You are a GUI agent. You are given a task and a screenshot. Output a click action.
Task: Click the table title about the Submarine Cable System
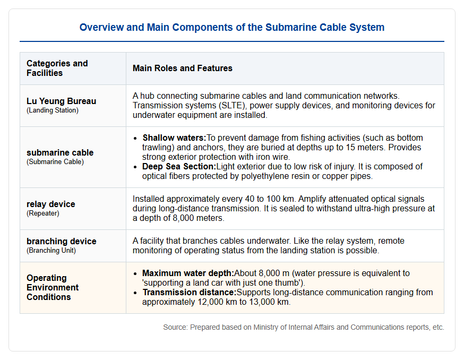pyautogui.click(x=232, y=27)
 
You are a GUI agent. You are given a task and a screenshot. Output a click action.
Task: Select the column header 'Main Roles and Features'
pyautogui.click(x=182, y=68)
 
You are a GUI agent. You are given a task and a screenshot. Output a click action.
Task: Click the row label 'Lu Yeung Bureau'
pyautogui.click(x=61, y=101)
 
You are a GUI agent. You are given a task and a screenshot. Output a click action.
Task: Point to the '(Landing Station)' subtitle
pyautogui.click(x=53, y=110)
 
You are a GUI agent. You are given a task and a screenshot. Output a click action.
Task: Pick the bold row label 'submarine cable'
pyautogui.click(x=60, y=152)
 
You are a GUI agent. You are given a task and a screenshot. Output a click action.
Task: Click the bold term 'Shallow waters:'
pyautogui.click(x=174, y=138)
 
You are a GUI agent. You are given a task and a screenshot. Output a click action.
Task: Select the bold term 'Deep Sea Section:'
pyautogui.click(x=179, y=166)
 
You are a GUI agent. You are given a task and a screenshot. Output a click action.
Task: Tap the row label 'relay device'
pyautogui.click(x=51, y=204)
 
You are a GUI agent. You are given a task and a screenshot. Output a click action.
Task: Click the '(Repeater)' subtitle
pyautogui.click(x=43, y=213)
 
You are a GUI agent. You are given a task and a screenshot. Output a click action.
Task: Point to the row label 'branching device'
pyautogui.click(x=62, y=241)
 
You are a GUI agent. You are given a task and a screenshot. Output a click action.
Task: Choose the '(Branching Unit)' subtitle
pyautogui.click(x=51, y=251)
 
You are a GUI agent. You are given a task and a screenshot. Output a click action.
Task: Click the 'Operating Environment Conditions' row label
pyautogui.click(x=53, y=287)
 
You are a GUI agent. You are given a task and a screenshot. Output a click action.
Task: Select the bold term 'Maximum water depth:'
pyautogui.click(x=188, y=273)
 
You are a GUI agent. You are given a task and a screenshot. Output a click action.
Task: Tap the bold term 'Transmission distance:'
pyautogui.click(x=190, y=292)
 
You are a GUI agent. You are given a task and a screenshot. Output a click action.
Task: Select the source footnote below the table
pyautogui.click(x=304, y=327)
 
